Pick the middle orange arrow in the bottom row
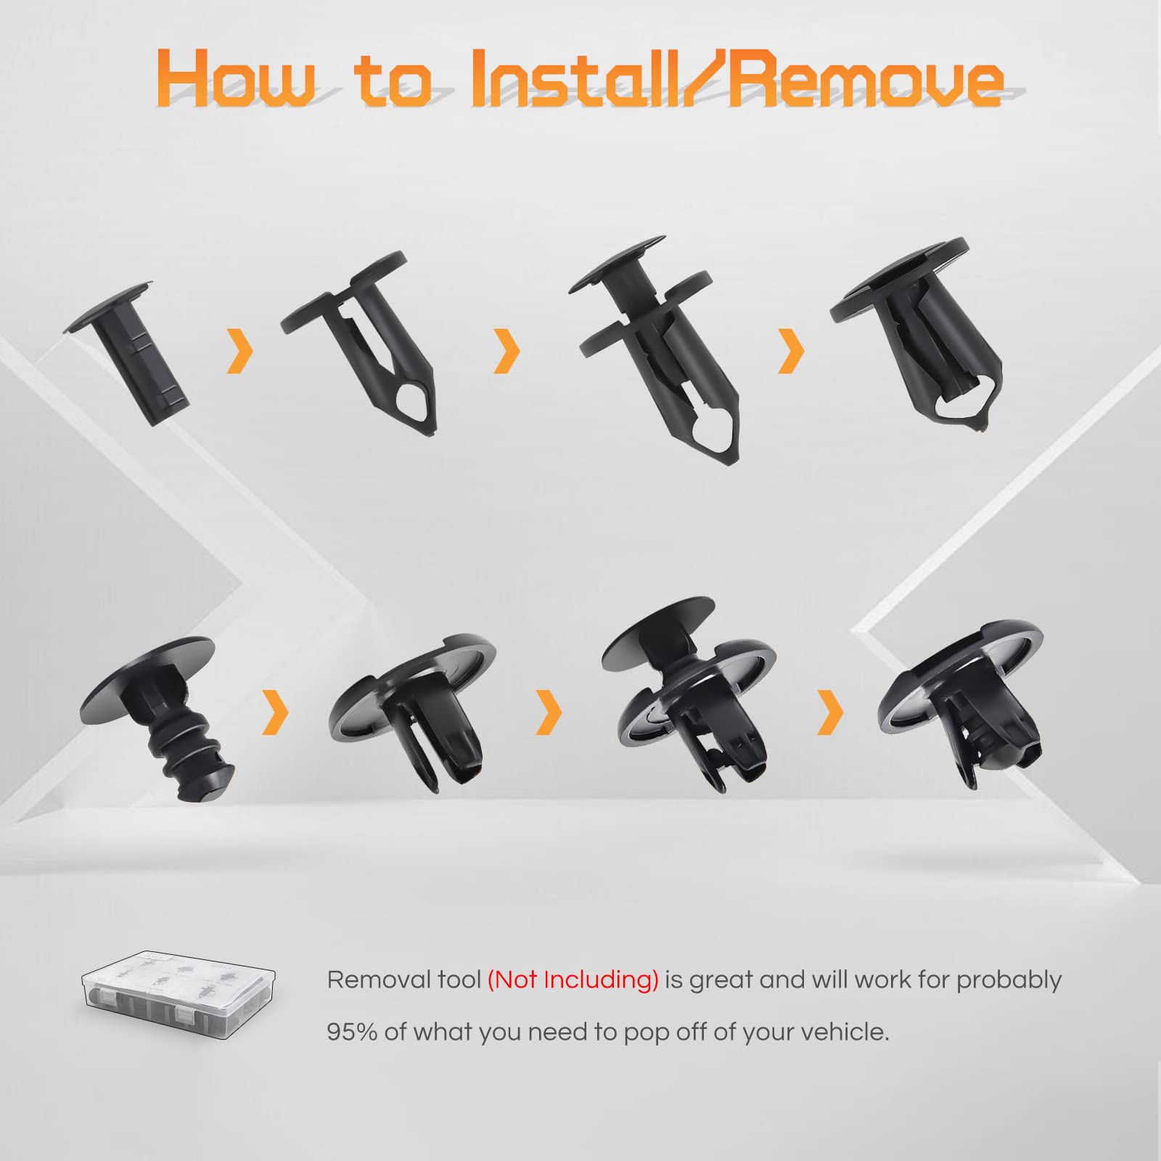click(549, 711)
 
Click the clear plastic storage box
click(179, 996)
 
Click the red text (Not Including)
click(573, 980)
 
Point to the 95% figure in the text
click(352, 1031)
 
